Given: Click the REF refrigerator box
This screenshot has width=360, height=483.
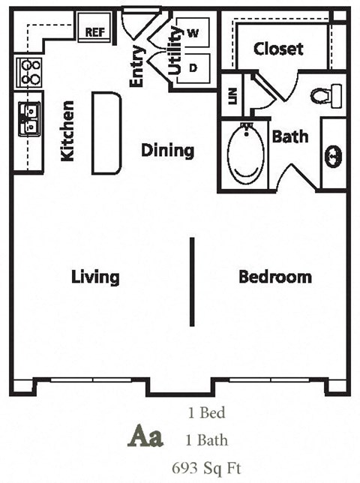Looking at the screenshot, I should click(95, 31).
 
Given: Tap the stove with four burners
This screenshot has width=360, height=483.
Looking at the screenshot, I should click(28, 72).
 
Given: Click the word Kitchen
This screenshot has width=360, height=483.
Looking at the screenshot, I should click(67, 131).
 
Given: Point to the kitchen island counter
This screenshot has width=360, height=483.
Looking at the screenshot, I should click(106, 132).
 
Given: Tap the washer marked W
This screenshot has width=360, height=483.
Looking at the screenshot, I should click(193, 34).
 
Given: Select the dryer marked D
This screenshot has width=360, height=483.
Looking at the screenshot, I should click(193, 65).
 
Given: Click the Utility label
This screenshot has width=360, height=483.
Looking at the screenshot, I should click(175, 50).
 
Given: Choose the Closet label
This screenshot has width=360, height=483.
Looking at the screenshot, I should click(278, 49).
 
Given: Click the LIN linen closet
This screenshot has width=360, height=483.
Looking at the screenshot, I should click(232, 95).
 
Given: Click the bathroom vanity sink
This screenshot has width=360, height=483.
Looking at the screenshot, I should click(333, 156).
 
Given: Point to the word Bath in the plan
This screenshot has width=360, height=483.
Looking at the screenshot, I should click(289, 137).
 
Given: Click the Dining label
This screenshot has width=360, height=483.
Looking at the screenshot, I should click(167, 150).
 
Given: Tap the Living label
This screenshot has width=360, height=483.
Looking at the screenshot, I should click(95, 277).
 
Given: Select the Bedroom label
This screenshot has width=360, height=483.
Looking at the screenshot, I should click(274, 277).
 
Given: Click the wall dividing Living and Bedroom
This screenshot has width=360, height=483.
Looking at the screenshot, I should click(192, 281).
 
